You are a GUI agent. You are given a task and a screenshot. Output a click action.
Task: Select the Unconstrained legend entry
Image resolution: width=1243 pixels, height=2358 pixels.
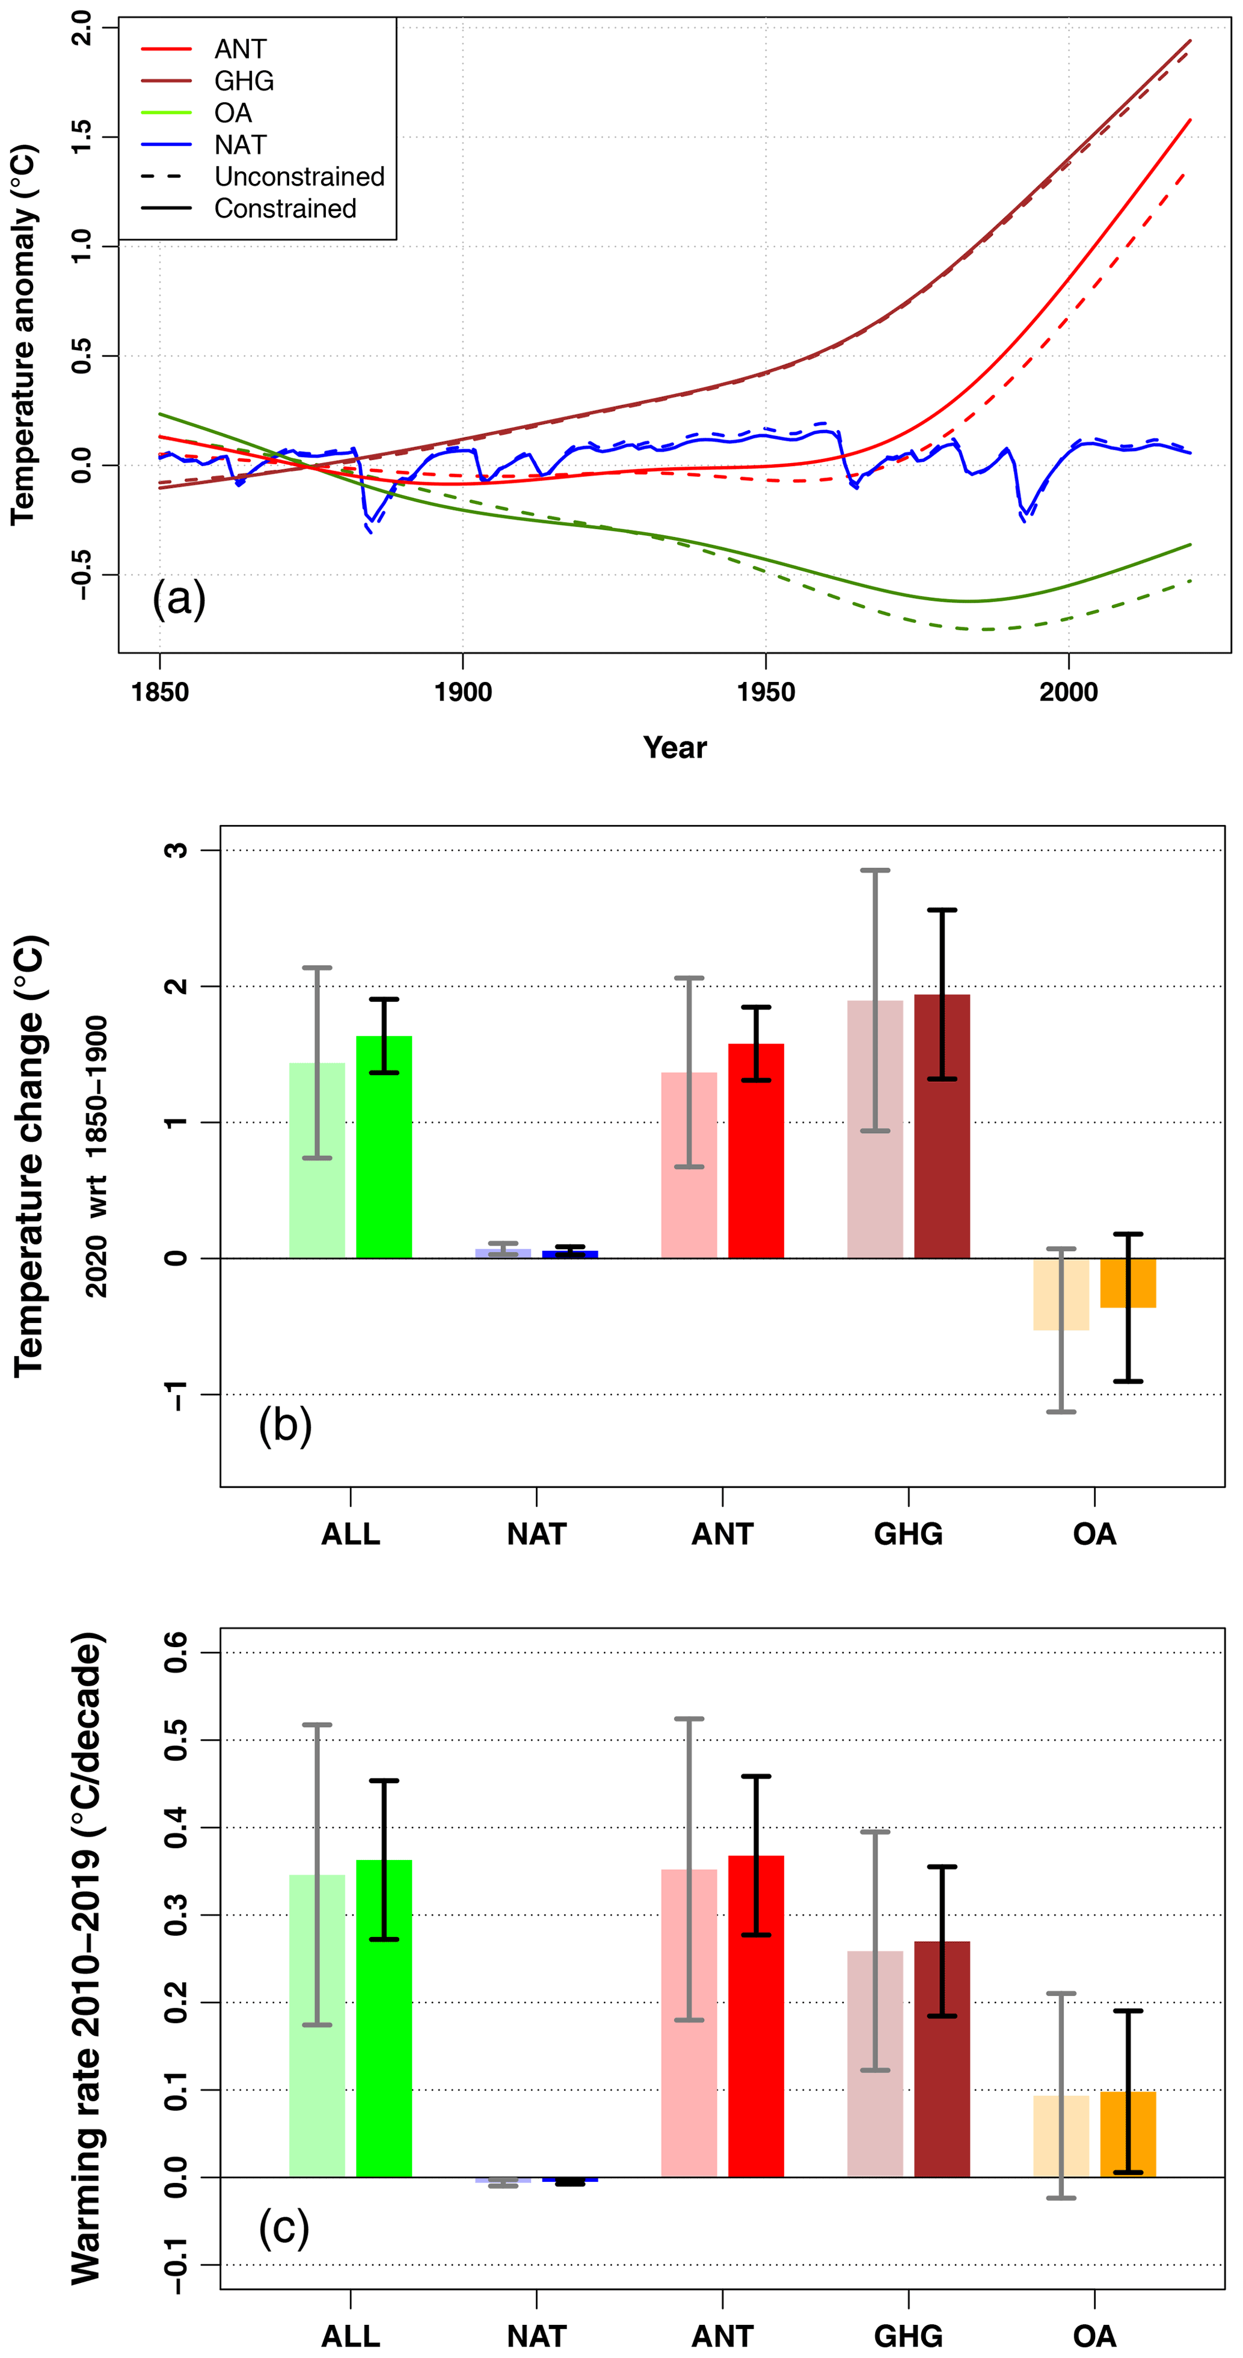298,177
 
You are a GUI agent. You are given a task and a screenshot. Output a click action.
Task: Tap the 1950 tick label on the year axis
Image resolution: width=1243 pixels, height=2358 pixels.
765,692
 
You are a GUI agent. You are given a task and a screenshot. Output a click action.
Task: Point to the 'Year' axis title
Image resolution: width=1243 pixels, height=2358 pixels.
675,748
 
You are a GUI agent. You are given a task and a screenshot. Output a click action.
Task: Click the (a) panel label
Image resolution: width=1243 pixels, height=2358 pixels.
179,600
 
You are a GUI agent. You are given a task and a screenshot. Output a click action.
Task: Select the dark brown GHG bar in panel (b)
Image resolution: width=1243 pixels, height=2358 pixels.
941,1126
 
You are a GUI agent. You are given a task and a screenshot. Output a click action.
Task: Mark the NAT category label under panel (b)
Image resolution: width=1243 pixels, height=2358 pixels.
536,1534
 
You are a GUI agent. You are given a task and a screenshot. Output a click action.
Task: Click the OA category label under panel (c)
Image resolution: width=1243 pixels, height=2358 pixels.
1094,2336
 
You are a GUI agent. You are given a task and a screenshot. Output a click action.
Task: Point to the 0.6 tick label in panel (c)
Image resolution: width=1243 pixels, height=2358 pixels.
176,1652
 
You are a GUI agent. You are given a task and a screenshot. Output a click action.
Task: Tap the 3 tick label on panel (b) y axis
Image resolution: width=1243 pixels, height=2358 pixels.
176,850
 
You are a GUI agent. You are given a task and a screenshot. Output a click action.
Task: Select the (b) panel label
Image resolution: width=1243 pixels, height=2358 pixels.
284,1425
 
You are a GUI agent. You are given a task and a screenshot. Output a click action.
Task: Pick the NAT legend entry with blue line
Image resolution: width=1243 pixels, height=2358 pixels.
240,144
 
